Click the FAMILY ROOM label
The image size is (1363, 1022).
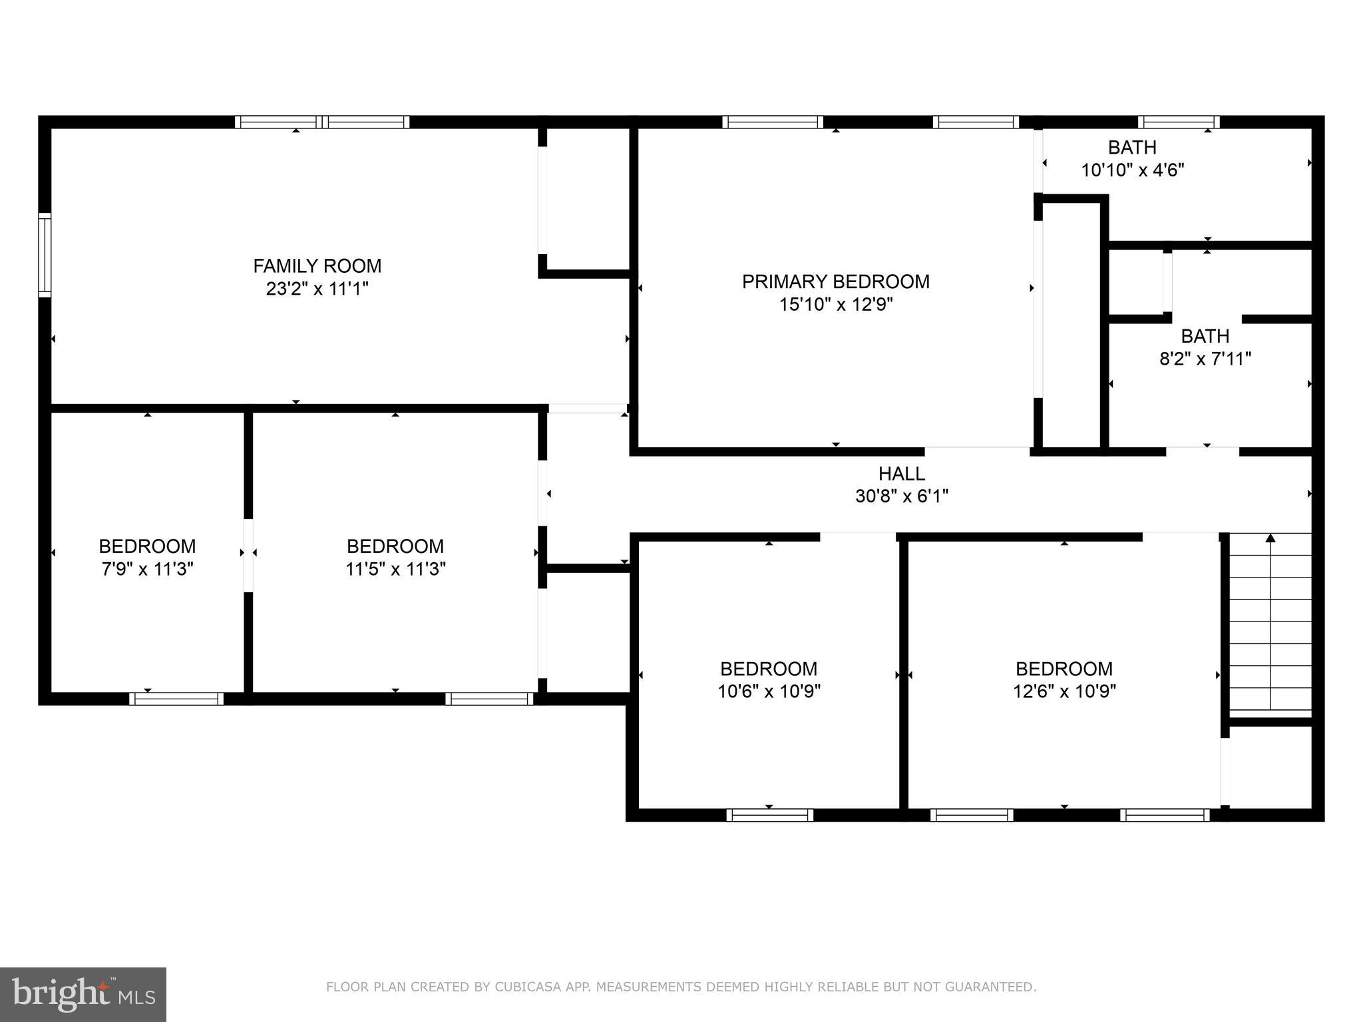pyautogui.click(x=317, y=266)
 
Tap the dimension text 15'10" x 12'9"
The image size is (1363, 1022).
pyautogui.click(x=836, y=305)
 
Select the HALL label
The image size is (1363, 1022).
pyautogui.click(x=902, y=474)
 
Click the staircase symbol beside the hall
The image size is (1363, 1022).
pyautogui.click(x=1270, y=625)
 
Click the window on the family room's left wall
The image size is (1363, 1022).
pyautogui.click(x=45, y=255)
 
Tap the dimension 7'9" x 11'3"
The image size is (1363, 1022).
pyautogui.click(x=147, y=570)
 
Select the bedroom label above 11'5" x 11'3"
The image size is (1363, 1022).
pyautogui.click(x=395, y=546)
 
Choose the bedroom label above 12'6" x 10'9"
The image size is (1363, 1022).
pyautogui.click(x=1064, y=669)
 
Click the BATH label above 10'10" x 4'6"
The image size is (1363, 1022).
pyautogui.click(x=1132, y=147)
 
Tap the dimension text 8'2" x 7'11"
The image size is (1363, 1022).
pyautogui.click(x=1205, y=359)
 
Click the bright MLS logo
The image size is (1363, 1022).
pyautogui.click(x=83, y=994)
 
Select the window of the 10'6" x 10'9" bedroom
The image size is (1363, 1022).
pyautogui.click(x=769, y=815)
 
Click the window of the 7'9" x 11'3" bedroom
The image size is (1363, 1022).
pyautogui.click(x=176, y=699)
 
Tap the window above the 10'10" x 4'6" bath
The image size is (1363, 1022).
pyautogui.click(x=1179, y=122)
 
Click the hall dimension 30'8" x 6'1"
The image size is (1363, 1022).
pyautogui.click(x=902, y=496)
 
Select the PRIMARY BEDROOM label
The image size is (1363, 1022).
pyautogui.click(x=836, y=281)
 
